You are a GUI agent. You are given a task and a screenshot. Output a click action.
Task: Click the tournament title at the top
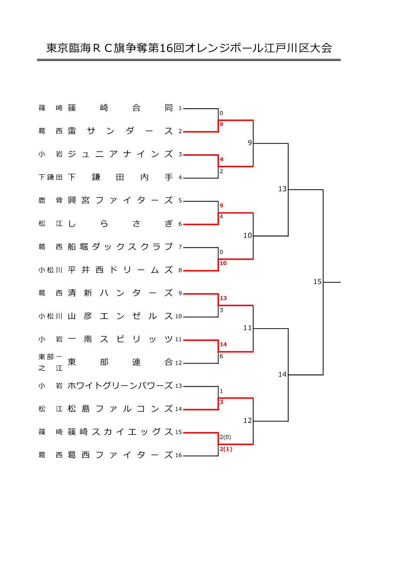[189, 48]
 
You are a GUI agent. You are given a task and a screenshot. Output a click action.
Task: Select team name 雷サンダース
[120, 131]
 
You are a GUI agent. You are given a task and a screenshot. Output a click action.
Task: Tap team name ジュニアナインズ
[120, 154]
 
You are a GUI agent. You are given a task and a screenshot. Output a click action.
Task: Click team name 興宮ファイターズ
[120, 200]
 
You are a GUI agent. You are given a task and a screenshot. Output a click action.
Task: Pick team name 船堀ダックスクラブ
[120, 247]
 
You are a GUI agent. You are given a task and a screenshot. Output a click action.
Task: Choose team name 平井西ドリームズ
[120, 270]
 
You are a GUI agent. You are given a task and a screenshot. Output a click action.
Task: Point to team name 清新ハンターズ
[120, 293]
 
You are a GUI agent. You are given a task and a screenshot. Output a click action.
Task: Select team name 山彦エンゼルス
[120, 316]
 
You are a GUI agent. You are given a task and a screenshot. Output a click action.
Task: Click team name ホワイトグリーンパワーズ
[120, 386]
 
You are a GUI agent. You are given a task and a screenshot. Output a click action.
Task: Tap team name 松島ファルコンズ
[120, 409]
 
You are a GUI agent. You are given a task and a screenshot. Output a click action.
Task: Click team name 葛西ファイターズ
[120, 455]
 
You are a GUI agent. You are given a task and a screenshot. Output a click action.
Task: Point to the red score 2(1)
[226, 449]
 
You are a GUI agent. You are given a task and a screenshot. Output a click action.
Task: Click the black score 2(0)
[225, 437]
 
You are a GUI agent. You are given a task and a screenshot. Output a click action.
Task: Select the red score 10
[223, 263]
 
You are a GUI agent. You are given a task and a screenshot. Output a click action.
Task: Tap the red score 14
[223, 344]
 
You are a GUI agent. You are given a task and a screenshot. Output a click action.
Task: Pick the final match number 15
[317, 282]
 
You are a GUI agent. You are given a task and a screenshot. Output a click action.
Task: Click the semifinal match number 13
[282, 189]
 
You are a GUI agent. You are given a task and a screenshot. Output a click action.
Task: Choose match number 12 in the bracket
[247, 421]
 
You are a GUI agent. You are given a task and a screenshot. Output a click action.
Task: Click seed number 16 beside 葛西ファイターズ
[178, 455]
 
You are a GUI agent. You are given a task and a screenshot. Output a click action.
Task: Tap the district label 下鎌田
[50, 177]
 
